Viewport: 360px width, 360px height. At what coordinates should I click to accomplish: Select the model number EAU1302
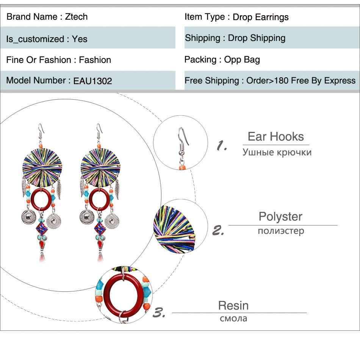92,81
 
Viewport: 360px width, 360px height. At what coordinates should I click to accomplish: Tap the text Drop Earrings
260,17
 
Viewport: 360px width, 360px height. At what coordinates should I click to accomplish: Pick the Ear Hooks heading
275,137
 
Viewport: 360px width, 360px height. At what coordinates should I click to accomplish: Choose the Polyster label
280,217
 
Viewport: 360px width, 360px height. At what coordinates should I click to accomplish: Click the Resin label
233,305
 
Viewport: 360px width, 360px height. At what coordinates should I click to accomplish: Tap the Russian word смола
233,318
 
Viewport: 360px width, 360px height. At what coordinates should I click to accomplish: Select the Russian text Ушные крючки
277,152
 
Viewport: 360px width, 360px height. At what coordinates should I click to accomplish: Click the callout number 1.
222,145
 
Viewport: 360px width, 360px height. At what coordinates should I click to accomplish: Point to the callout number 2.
218,230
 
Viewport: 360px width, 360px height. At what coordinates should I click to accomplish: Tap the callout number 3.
159,313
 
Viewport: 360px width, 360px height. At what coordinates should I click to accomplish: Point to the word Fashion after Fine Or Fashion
95,60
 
